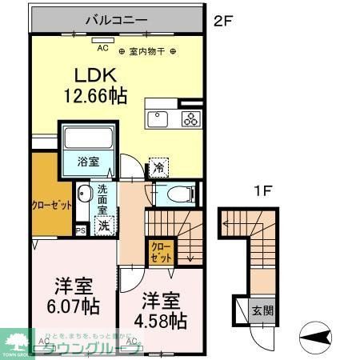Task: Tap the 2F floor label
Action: coord(222,22)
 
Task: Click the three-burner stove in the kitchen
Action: coord(190,120)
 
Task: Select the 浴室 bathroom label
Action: coord(88,162)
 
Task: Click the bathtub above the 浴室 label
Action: coord(88,138)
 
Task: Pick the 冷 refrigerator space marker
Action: coord(158,167)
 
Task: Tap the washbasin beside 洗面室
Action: coord(83,196)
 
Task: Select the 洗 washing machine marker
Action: coord(103,226)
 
